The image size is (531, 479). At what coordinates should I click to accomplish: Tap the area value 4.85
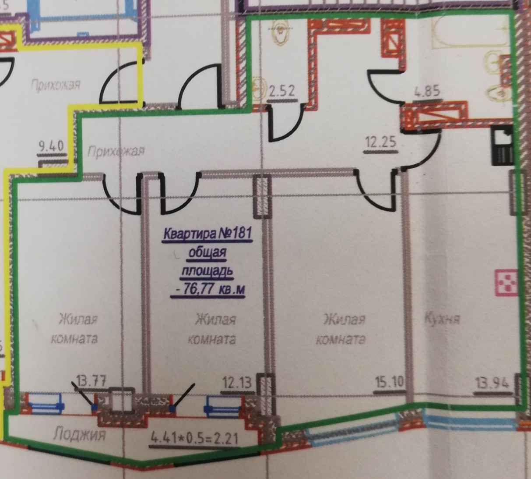click(x=427, y=92)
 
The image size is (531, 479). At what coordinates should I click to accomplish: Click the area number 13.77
click(x=91, y=380)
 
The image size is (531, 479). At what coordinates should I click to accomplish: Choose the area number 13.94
click(x=492, y=384)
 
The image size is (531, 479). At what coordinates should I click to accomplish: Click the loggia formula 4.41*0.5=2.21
click(x=195, y=437)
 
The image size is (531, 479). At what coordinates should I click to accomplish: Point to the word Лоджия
click(x=80, y=435)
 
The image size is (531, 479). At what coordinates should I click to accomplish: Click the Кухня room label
click(x=442, y=318)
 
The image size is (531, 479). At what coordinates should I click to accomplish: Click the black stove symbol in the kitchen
click(x=502, y=145)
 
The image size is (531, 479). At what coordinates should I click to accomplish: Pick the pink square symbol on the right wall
click(x=506, y=282)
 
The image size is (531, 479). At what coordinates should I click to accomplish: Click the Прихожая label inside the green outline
click(x=116, y=152)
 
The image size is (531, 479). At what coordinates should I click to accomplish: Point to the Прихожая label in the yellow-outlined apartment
click(x=56, y=84)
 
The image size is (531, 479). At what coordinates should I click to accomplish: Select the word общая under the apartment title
click(x=208, y=253)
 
